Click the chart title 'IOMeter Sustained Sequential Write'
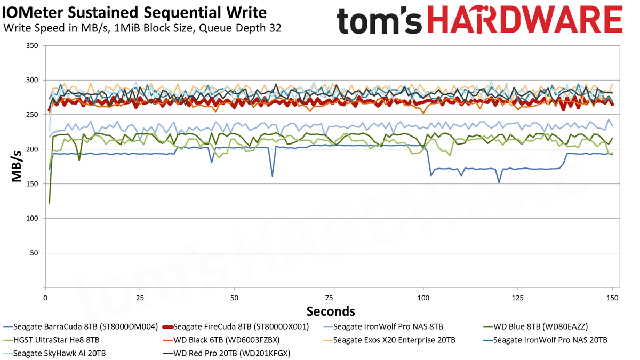pyautogui.click(x=134, y=12)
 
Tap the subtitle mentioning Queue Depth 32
pyautogui.click(x=142, y=28)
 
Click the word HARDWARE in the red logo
pyautogui.click(x=525, y=20)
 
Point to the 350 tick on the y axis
pyautogui.click(x=32, y=45)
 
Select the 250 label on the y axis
pyautogui.click(x=32, y=115)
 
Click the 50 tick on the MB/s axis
pyautogui.click(x=34, y=253)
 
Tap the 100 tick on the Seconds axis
pyautogui.click(x=423, y=298)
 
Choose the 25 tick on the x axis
pyautogui.click(x=140, y=298)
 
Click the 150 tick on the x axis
pyautogui.click(x=612, y=298)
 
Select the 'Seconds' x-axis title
pyautogui.click(x=331, y=311)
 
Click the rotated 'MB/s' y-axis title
pyautogui.click(x=17, y=166)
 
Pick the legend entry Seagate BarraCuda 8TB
pyautogui.click(x=81, y=326)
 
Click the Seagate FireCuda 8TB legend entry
pyautogui.click(x=236, y=326)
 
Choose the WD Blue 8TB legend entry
pyautogui.click(x=535, y=326)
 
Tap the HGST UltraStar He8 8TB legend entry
pyautogui.click(x=51, y=340)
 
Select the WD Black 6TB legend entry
pyautogui.click(x=221, y=340)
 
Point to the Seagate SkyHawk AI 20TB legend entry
pyautogui.click(x=54, y=353)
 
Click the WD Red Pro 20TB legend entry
pyautogui.click(x=226, y=353)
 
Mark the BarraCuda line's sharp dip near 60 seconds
pyautogui.click(x=273, y=175)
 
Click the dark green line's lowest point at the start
pyautogui.click(x=50, y=203)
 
